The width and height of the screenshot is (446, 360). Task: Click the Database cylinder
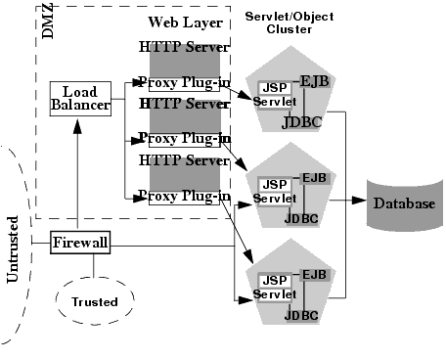coord(403,204)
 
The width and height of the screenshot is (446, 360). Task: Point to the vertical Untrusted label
coord(13,248)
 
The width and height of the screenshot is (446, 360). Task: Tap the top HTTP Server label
coord(184,46)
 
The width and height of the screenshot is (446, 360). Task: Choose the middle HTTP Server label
coord(184,103)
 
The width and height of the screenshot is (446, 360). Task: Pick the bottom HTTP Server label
coord(184,159)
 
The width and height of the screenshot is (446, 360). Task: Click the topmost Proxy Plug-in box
coord(184,81)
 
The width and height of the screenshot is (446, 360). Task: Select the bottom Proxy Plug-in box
coord(184,197)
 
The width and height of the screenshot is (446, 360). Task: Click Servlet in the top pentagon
coord(274,102)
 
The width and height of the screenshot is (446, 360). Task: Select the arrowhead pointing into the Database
coord(365,203)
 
